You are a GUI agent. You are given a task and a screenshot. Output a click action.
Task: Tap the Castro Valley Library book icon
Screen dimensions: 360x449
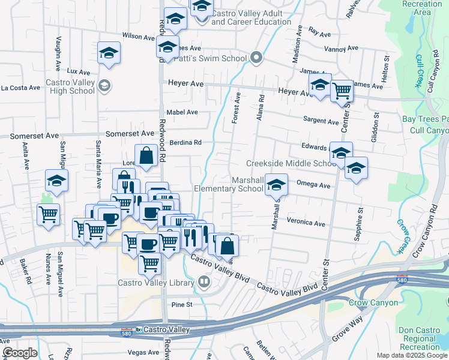click(x=204, y=282)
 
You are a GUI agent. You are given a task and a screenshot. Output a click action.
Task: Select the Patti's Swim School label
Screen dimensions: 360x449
click(x=210, y=58)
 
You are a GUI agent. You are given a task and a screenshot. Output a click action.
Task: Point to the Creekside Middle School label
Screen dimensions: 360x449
click(x=291, y=163)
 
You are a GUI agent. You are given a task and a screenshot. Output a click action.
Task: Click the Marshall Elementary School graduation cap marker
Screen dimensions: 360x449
click(x=276, y=185)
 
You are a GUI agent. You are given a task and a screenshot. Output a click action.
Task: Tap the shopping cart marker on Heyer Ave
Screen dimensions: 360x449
click(x=342, y=91)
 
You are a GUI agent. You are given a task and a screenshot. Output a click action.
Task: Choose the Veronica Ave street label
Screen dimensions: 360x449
click(x=306, y=223)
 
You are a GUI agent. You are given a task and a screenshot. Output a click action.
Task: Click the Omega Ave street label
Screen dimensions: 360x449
click(x=313, y=185)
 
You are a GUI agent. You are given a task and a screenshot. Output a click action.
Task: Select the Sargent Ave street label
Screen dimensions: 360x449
click(x=321, y=120)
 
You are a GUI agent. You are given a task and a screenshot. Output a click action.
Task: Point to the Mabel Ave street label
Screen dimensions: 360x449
click(x=182, y=112)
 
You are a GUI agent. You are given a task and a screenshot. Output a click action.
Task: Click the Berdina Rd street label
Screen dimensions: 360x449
click(x=185, y=143)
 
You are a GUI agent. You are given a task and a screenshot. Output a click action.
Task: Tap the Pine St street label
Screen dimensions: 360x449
click(x=181, y=305)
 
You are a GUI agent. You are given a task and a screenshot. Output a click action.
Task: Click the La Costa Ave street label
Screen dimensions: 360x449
click(x=20, y=88)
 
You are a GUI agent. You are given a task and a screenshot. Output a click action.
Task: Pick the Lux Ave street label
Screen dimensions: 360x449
click(x=78, y=71)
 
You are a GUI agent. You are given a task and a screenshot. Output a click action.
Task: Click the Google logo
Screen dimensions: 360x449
click(x=20, y=353)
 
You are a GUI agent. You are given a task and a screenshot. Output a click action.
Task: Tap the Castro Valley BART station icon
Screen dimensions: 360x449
click(x=139, y=329)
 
